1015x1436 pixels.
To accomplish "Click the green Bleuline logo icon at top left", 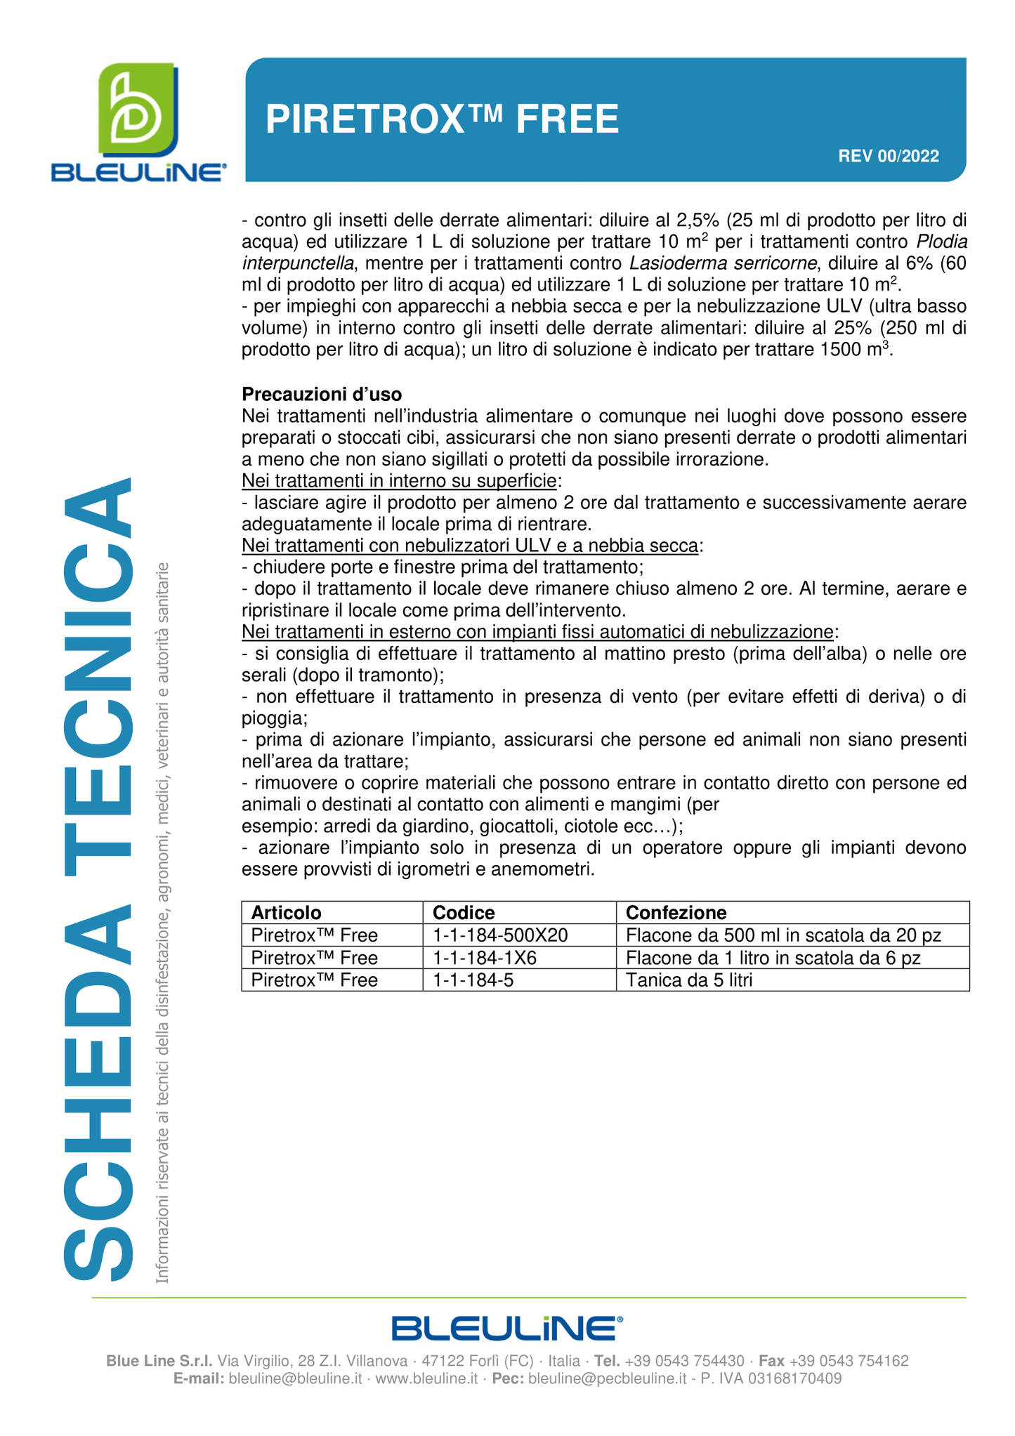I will tap(137, 110).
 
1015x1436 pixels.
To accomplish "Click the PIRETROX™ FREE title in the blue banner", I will tap(442, 119).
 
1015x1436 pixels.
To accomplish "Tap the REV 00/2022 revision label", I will tap(888, 156).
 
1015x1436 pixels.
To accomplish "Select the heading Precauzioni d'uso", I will tap(322, 395).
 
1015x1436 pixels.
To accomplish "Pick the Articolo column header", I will tap(287, 912).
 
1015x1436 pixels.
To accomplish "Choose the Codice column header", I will tap(464, 912).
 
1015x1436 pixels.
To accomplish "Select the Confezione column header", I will tap(676, 912).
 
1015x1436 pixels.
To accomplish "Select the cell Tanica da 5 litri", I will tap(688, 980).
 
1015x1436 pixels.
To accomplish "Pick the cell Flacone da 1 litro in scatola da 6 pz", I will tap(773, 958).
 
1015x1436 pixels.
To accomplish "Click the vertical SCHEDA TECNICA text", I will tap(98, 878).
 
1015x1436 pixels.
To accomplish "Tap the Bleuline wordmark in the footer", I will tap(506, 1329).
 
